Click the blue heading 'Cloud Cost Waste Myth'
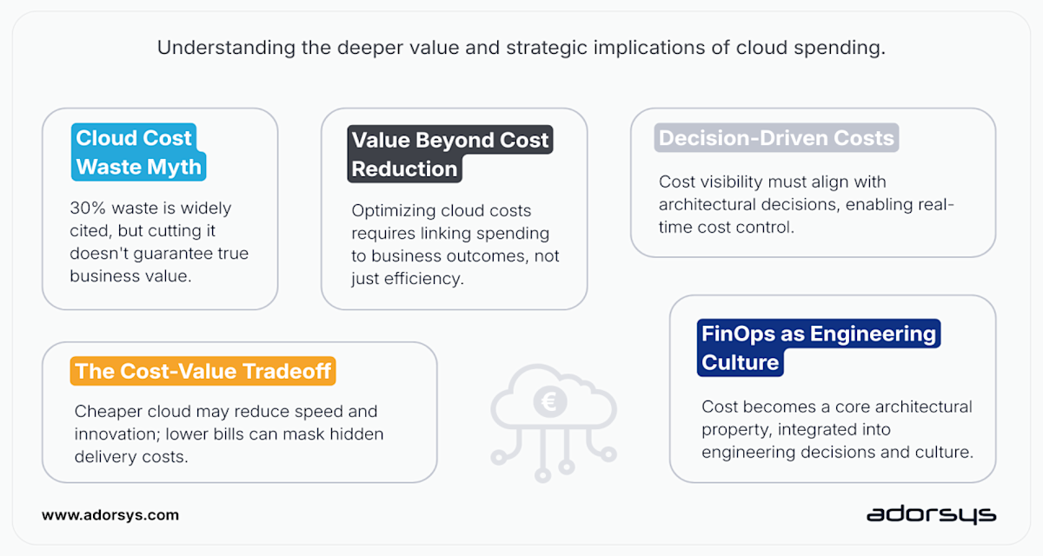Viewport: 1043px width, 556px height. point(137,152)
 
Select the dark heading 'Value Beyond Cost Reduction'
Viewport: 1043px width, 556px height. point(449,155)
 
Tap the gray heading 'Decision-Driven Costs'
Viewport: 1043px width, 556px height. point(776,138)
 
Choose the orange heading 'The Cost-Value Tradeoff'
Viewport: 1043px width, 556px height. point(203,372)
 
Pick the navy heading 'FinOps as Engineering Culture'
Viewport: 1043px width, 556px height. point(818,347)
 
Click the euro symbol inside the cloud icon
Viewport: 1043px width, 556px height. point(553,402)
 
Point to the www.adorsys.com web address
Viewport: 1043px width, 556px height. point(110,515)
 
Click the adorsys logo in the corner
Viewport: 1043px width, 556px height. point(930,515)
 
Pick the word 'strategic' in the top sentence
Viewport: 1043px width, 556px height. point(550,48)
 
